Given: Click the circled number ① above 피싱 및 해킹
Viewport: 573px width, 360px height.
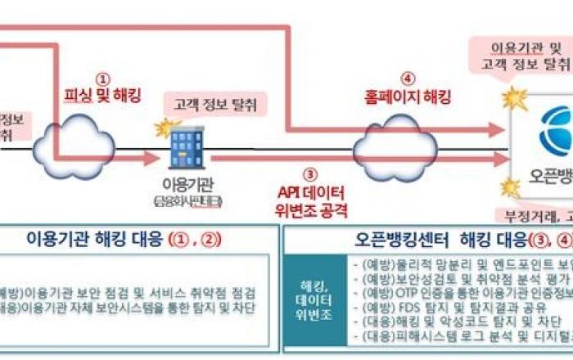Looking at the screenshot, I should [102, 79].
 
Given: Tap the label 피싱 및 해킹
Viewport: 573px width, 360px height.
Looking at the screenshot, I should [102, 96].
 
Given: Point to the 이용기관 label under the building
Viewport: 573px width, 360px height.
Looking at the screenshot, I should [187, 184].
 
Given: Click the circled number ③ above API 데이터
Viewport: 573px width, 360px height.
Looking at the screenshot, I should [309, 174].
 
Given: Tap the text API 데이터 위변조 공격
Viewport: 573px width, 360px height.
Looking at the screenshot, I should [309, 201].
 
